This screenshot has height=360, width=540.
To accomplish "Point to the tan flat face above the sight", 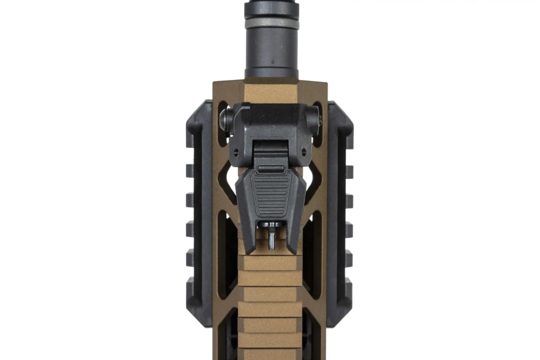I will pos(271,92).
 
